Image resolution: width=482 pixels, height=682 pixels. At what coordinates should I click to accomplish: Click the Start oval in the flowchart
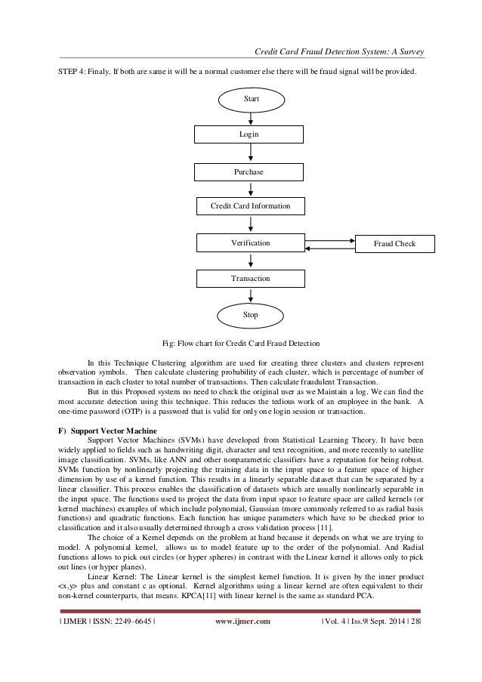[x=250, y=100]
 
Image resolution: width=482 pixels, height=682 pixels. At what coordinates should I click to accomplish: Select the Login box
[x=249, y=134]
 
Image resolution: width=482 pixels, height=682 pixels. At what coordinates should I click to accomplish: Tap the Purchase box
[x=249, y=171]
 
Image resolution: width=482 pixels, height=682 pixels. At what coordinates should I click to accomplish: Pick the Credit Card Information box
[x=249, y=205]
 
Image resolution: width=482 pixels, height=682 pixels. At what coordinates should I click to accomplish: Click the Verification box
[x=249, y=243]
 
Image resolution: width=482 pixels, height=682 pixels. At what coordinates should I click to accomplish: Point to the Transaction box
[x=249, y=279]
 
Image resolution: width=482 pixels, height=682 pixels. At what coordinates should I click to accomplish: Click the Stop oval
[x=250, y=314]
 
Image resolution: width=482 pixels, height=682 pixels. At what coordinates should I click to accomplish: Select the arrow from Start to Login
[x=250, y=118]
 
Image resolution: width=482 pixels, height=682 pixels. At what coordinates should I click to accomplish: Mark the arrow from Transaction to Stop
[x=250, y=295]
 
